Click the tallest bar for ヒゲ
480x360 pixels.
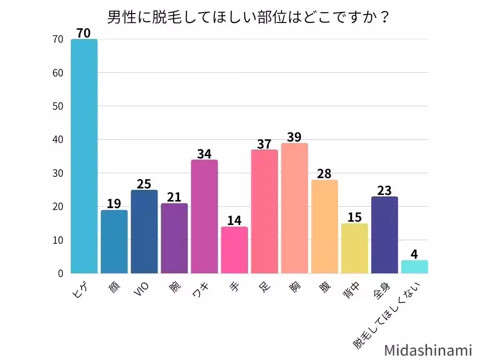84,156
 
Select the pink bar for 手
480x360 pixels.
234,250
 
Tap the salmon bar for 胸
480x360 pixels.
294,208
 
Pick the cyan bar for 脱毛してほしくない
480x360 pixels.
414,267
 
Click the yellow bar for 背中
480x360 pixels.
354,248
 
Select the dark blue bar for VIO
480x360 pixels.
144,232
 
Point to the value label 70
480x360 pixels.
84,33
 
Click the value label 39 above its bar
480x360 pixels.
294,137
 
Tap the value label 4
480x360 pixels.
414,254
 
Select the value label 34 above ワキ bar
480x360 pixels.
204,154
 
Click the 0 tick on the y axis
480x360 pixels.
60,273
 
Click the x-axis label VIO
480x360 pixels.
142,290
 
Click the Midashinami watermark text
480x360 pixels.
428,350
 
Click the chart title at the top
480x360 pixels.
248,17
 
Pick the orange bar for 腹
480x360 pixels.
324,226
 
